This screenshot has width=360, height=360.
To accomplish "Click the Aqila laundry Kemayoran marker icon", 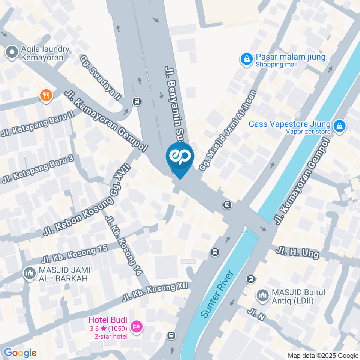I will pos(12,53).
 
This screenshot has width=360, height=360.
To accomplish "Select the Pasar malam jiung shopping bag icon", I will pos(247,58).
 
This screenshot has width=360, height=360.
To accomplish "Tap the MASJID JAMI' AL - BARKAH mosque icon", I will pos(29,273).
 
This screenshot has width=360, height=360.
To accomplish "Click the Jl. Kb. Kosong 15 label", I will pos(75,254).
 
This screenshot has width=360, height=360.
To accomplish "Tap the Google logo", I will pos(20,352).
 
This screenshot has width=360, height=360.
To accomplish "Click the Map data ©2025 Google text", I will pos(323,355).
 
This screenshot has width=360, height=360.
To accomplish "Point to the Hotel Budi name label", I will pos(108,320).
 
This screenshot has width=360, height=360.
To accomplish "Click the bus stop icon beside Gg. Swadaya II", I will pos(137,101).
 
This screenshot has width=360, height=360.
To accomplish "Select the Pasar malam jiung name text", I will pos(291,57).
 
